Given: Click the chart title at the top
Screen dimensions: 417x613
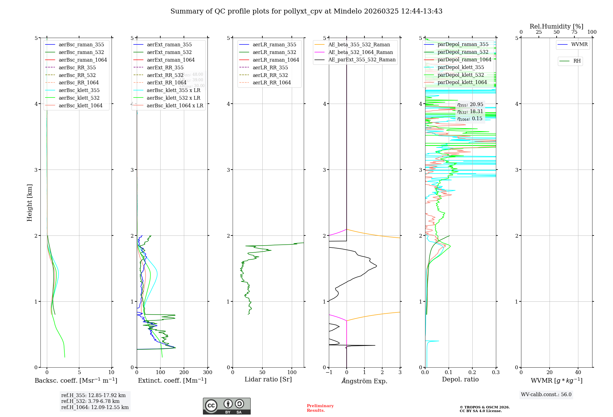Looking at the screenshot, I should coord(306,11).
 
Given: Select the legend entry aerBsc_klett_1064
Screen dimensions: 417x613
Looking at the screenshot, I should coord(80,105).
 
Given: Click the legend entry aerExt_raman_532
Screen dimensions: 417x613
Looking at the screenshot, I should coord(169,52).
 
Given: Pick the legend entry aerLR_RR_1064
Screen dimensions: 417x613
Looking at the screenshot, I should coord(272,82).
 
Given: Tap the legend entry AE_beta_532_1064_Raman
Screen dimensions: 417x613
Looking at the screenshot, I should coord(360,52).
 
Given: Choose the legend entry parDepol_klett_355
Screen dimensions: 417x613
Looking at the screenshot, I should coord(461,67).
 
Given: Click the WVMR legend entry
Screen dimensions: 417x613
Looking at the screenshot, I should coord(579,44).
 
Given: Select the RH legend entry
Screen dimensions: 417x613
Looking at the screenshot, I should coord(577,61).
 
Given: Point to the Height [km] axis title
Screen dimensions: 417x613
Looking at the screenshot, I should coord(29,202).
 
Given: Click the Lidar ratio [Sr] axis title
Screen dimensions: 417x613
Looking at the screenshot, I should coord(268,379).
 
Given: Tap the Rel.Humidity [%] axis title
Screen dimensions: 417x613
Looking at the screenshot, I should coord(556,26).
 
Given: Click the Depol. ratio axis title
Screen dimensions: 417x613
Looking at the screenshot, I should coord(460,379).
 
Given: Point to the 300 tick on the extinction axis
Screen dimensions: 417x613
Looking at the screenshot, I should coord(208,373).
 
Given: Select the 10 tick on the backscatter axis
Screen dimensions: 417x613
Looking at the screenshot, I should coord(111,373).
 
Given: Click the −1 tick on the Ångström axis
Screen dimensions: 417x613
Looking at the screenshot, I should coord(329,373).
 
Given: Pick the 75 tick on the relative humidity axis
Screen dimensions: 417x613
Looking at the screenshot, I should coord(574,32).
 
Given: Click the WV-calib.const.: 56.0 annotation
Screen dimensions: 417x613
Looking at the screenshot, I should coord(546,394).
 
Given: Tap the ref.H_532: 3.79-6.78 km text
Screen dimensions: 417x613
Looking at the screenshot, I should coord(90,401).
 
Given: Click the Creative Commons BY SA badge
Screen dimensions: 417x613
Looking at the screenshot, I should coord(227,406).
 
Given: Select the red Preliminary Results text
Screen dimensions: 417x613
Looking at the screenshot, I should coord(320,408).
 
